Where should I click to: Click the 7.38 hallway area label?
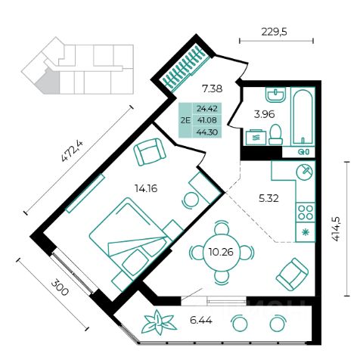point(213,88)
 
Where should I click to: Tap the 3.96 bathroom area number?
point(264,115)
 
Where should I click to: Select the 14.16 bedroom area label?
point(146,188)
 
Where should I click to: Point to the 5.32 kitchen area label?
point(268,199)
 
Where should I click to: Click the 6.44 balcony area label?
point(201,321)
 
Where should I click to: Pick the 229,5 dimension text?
point(275,32)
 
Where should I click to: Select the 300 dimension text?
point(60,288)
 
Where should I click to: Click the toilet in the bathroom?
point(275,135)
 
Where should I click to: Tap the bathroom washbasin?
point(276,95)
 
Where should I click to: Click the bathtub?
point(303,117)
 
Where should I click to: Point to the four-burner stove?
point(306,213)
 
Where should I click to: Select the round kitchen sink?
point(305,172)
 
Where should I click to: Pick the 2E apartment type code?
point(185,120)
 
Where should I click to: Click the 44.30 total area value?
point(207,132)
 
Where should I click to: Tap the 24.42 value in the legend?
point(207,109)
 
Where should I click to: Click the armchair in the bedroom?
point(150,152)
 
